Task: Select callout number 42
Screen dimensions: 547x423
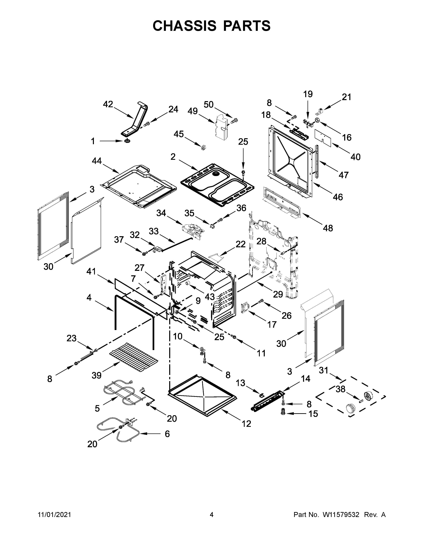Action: click(x=108, y=104)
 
